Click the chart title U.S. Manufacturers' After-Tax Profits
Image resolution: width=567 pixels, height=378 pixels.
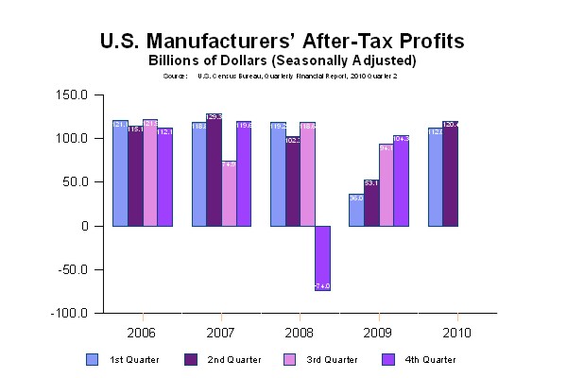coord(283,43)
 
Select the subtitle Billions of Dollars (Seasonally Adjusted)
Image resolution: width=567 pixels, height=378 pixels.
coord(283,60)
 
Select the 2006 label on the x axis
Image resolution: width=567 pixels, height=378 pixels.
coord(142,333)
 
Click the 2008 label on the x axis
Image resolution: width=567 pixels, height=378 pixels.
coord(300,333)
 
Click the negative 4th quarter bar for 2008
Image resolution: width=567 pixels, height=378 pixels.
coord(322,258)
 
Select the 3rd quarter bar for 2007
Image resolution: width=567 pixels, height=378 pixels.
coord(229,194)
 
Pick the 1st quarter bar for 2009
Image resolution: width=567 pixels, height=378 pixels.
coord(356,210)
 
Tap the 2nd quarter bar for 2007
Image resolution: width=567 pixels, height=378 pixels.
coord(214,170)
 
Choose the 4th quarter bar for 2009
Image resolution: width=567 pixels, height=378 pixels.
coord(402,180)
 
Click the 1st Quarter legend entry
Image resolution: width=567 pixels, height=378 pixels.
coord(122,359)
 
